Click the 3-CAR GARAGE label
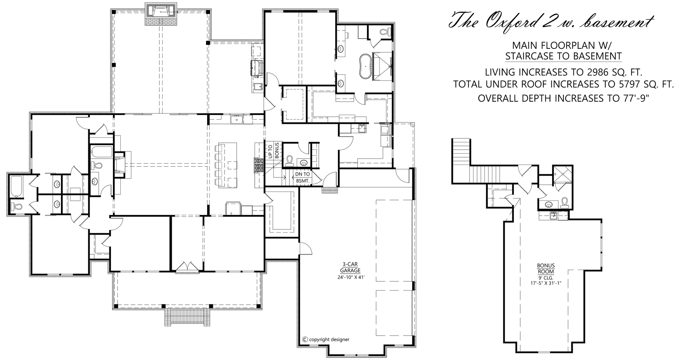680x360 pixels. (x=350, y=267)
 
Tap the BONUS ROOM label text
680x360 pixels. (x=546, y=269)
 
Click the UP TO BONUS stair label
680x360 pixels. (x=273, y=150)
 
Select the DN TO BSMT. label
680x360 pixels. (x=302, y=177)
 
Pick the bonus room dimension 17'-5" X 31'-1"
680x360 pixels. (x=546, y=283)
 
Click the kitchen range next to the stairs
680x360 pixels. (x=259, y=166)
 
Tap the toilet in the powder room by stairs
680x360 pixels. (x=289, y=161)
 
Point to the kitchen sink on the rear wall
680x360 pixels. (x=236, y=120)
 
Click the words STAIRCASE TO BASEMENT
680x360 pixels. (x=563, y=56)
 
